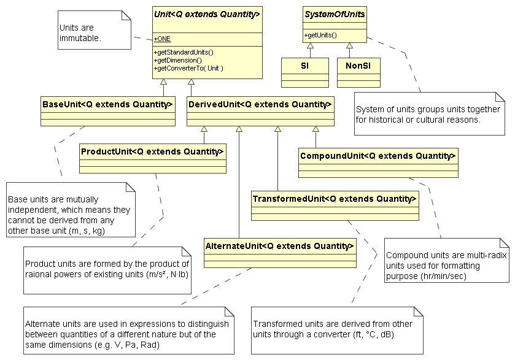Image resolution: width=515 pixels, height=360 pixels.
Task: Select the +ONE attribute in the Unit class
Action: [x=163, y=39]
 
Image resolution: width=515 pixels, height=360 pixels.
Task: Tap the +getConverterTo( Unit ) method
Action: [x=188, y=68]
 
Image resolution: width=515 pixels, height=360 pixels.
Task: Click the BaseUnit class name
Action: [x=108, y=104]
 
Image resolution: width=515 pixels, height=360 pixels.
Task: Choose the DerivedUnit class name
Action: [x=260, y=104]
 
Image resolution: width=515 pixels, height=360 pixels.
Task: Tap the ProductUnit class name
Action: [x=152, y=151]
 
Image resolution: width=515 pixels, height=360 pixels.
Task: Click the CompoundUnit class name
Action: [x=378, y=156]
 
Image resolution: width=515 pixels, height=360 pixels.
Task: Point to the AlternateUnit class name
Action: [x=280, y=246]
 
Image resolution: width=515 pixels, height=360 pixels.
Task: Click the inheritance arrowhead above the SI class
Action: [x=310, y=46]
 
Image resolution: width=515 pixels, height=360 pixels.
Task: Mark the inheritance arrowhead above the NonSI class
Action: [x=349, y=46]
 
